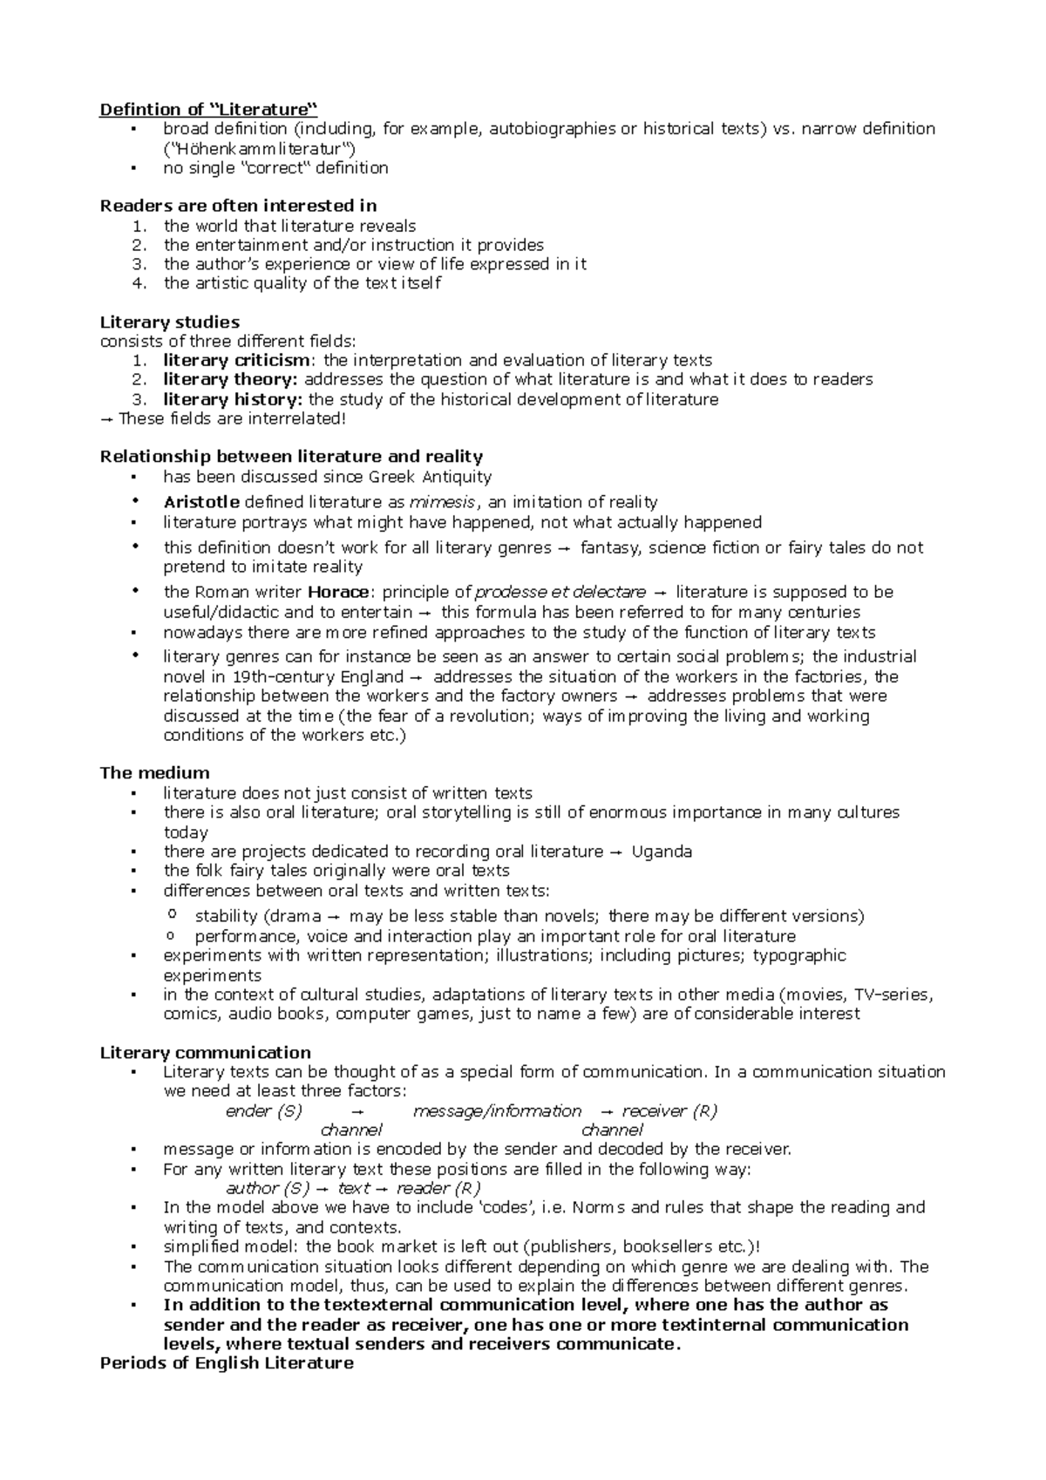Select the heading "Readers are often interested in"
point(238,206)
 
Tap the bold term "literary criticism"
point(236,360)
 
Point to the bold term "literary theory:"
point(230,379)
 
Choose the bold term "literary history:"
point(233,399)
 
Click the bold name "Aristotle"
point(201,502)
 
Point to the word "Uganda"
point(662,852)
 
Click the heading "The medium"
point(154,772)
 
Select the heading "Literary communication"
point(205,1052)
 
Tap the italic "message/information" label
point(497,1111)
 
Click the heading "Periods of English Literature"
point(227,1363)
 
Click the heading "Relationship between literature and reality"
point(291,457)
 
